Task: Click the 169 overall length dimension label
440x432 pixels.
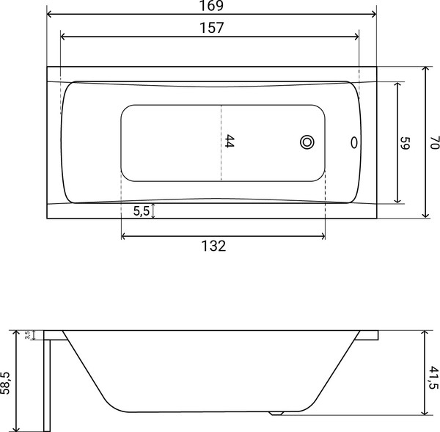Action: tap(212, 6)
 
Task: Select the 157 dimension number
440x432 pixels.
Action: tap(212, 28)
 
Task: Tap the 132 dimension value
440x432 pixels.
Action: tap(213, 246)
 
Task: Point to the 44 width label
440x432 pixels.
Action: tap(230, 141)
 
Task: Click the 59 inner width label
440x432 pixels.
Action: tap(406, 143)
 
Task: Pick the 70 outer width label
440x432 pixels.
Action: tap(434, 142)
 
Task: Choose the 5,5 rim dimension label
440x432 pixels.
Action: tap(142, 210)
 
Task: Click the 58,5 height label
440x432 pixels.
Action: tap(5, 383)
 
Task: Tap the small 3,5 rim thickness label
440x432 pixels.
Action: tap(28, 335)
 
